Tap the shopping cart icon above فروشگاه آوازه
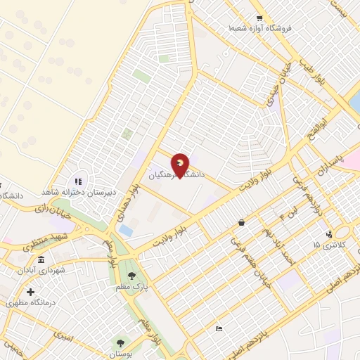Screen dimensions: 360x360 (x=259, y=18)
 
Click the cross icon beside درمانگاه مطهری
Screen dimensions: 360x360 (x=30, y=292)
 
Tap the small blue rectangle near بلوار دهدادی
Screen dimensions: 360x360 (x=126, y=230)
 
